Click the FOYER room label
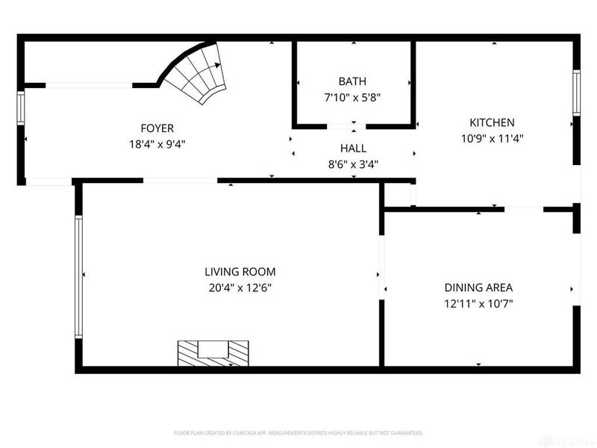click(157, 128)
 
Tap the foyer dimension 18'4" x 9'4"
click(157, 143)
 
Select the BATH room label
click(352, 81)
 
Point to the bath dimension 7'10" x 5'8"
click(352, 97)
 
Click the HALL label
click(353, 149)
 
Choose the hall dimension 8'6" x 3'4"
click(353, 164)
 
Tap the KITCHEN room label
click(492, 122)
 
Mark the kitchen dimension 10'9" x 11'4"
click(492, 138)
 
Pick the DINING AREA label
click(478, 287)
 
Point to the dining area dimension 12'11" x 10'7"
click(478, 303)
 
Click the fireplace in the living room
click(213, 352)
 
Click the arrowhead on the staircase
click(217, 66)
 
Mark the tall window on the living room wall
click(78, 277)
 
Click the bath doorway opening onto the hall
click(351, 125)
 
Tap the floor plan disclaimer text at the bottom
click(298, 432)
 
